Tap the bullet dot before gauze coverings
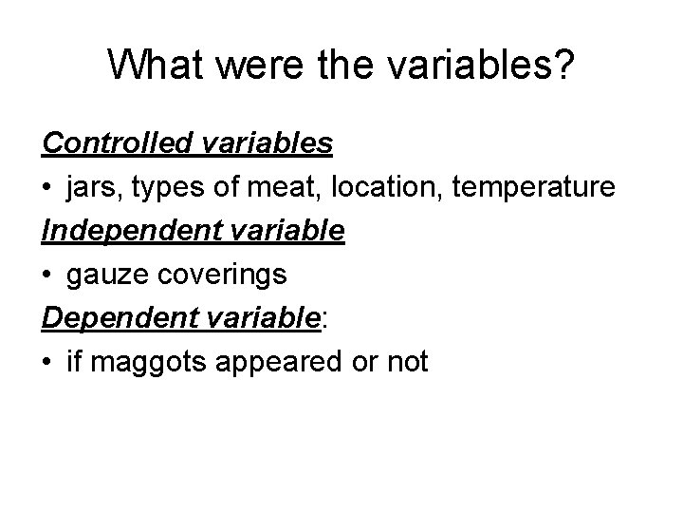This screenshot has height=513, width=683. pyautogui.click(x=47, y=275)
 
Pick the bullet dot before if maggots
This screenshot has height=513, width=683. pyautogui.click(x=47, y=362)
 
